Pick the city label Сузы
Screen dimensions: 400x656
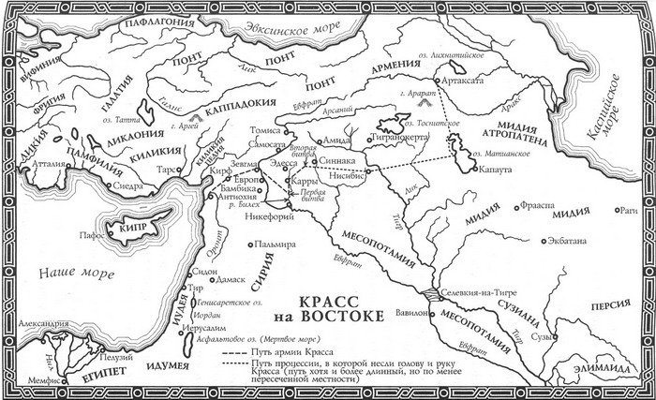(537, 334)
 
